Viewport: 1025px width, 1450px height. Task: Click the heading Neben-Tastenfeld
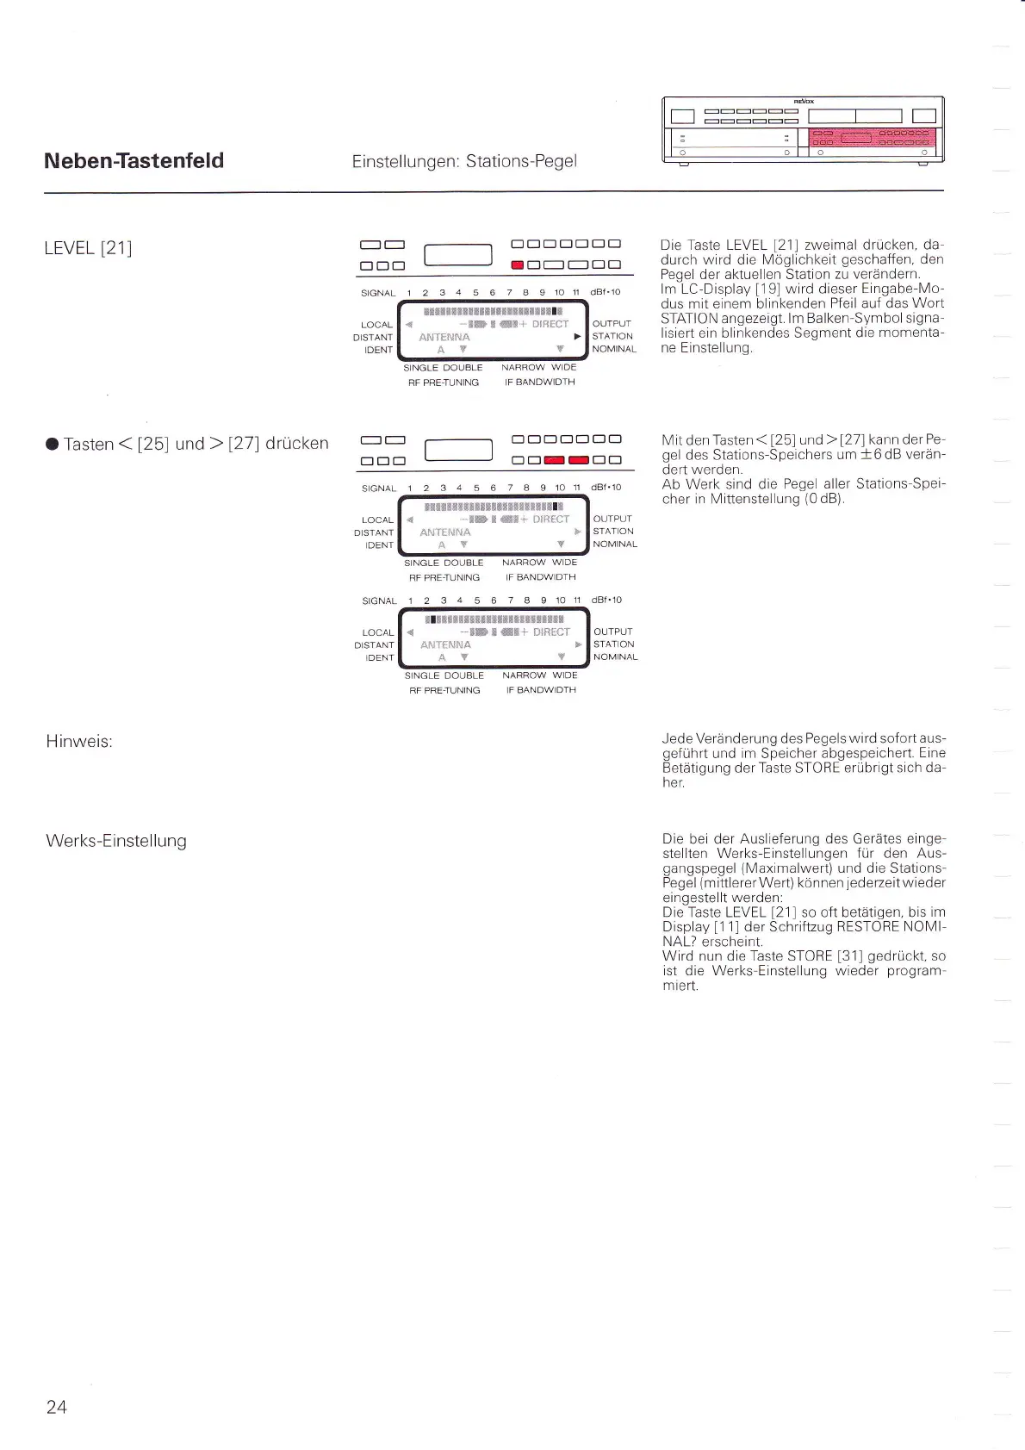click(x=134, y=161)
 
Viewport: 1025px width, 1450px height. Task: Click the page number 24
click(x=56, y=1407)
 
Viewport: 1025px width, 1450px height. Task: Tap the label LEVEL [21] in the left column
click(x=88, y=248)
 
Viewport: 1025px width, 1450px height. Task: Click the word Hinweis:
click(x=79, y=742)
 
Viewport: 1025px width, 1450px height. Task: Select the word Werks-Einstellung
click(x=116, y=841)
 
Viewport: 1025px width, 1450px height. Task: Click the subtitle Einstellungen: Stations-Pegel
click(x=464, y=161)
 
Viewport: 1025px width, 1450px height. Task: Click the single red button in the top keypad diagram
click(x=518, y=265)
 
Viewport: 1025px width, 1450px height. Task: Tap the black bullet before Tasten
click(x=52, y=445)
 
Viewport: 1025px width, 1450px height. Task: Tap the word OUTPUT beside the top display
click(x=612, y=324)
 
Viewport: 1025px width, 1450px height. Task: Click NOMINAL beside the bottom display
click(x=615, y=657)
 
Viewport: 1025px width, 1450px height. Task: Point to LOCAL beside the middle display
click(x=377, y=520)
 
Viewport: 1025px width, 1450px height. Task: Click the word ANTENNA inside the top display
click(x=444, y=338)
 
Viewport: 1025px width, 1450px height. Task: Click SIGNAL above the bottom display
click(x=379, y=601)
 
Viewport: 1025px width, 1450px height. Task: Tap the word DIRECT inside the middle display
click(x=551, y=520)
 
